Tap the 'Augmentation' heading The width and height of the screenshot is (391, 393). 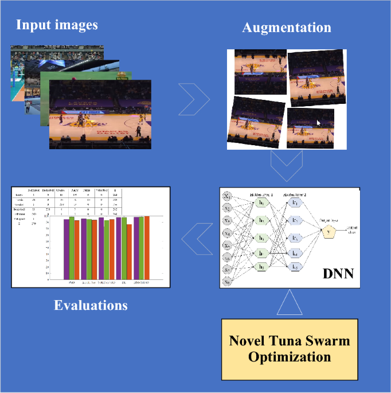coord(287,27)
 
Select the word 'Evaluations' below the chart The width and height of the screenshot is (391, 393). coord(91,305)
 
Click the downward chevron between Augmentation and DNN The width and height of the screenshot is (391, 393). coord(286,166)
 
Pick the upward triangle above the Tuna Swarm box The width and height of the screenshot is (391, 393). coord(290,302)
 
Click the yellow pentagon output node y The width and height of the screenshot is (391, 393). coord(329,232)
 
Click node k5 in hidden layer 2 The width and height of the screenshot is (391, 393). coord(296,266)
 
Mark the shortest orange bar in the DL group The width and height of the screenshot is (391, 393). coord(130,251)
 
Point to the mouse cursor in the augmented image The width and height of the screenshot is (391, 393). coord(319,123)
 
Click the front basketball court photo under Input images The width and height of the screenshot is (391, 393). coord(100,114)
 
